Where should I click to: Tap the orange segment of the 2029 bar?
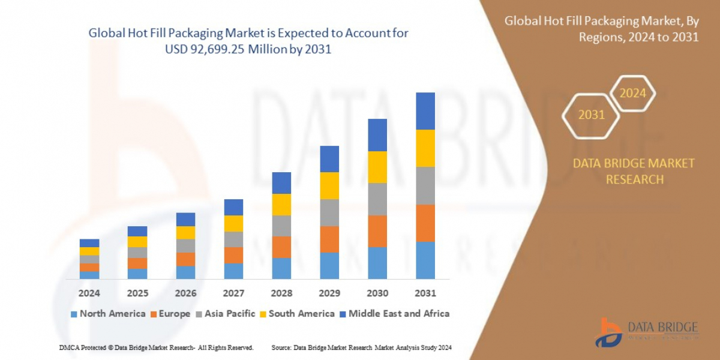pyautogui.click(x=329, y=239)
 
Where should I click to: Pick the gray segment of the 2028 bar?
pyautogui.click(x=281, y=226)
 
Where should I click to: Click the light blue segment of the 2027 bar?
pyautogui.click(x=233, y=271)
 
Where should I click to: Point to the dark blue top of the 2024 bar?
pyautogui.click(x=89, y=243)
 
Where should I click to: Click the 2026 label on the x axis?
pyautogui.click(x=185, y=293)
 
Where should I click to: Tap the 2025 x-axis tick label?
pyautogui.click(x=137, y=293)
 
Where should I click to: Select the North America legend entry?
pyautogui.click(x=108, y=314)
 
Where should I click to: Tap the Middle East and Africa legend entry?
pyautogui.click(x=394, y=314)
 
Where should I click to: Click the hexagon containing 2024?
pyautogui.click(x=632, y=94)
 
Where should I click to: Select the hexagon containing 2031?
pyautogui.click(x=591, y=115)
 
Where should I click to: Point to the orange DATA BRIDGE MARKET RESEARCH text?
pyautogui.click(x=634, y=171)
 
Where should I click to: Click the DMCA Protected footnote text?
pyautogui.click(x=156, y=347)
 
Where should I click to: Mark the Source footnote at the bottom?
pyautogui.click(x=361, y=347)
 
